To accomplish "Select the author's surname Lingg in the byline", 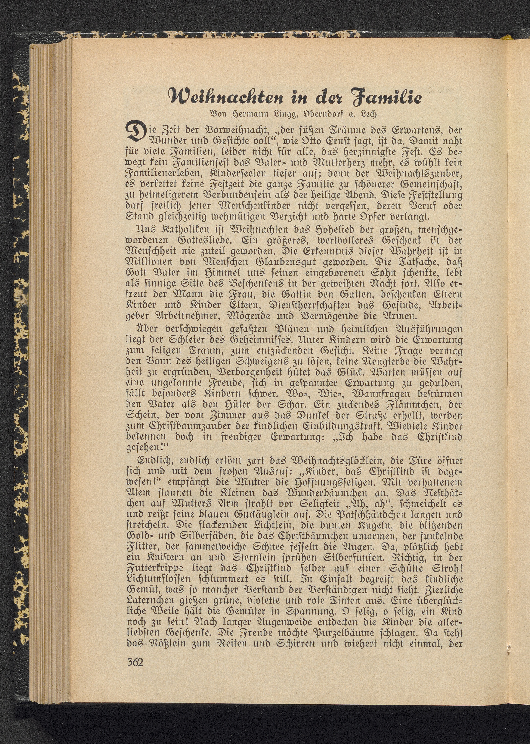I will [276, 115].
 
